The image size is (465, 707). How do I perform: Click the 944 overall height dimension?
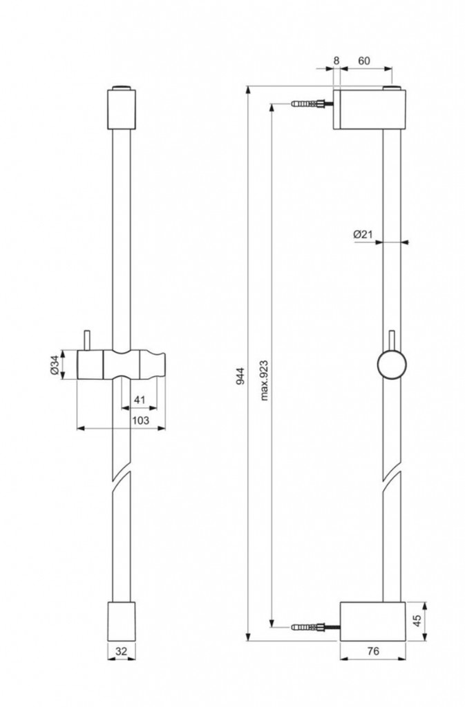(240, 376)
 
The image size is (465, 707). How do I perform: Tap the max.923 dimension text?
(265, 380)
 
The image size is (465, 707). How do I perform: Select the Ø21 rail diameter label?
(363, 234)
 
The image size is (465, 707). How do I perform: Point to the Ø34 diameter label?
(54, 365)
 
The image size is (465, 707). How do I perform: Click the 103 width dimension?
(140, 420)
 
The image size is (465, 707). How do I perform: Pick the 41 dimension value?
(140, 400)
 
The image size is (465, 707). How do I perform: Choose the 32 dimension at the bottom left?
(122, 650)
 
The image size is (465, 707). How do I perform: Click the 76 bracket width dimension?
(373, 650)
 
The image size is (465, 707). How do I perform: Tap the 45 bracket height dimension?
(417, 621)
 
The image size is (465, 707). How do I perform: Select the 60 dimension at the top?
(363, 61)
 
